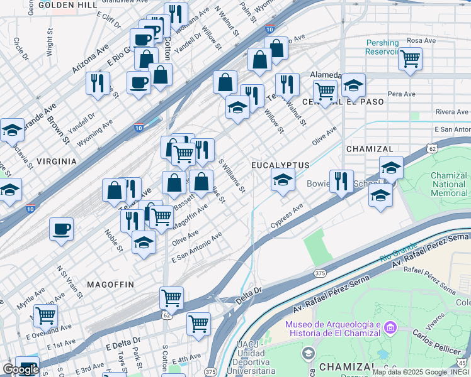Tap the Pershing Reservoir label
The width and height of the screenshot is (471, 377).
[x=382, y=48]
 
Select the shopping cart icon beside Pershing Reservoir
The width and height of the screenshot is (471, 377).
[x=410, y=59]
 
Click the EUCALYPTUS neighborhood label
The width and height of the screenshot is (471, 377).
[x=280, y=165]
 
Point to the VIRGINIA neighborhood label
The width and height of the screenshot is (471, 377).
[x=57, y=161]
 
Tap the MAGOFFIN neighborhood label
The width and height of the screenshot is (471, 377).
[x=110, y=285]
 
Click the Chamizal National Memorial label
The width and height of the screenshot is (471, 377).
[x=449, y=184]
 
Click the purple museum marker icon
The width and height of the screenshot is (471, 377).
[x=390, y=328]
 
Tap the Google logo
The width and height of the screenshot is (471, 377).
[x=21, y=369]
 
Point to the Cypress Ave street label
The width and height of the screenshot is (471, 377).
[x=287, y=216]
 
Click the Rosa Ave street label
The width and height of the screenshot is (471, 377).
[x=421, y=40]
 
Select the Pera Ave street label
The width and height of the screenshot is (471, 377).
[x=401, y=94]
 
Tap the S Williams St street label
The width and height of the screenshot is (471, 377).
[x=231, y=175]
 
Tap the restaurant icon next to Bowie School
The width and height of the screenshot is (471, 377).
[x=341, y=181]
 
